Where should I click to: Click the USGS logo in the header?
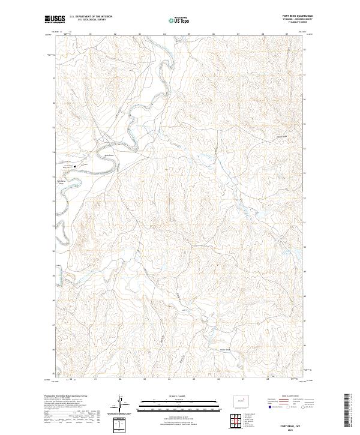tap(53, 19)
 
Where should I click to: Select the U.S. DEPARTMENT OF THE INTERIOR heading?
tap(90, 17)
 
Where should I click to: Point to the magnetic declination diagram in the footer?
tap(122, 405)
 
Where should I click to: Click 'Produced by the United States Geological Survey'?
tap(62, 395)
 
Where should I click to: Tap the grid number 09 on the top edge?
tap(287, 34)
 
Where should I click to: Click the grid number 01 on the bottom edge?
tap(96, 379)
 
